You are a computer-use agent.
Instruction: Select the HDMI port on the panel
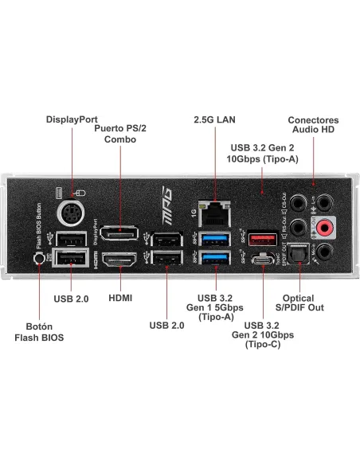click(x=120, y=259)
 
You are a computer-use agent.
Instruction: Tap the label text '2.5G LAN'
click(x=215, y=119)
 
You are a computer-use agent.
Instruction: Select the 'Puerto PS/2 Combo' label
click(x=121, y=133)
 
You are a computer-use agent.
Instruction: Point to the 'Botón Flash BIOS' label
click(x=35, y=331)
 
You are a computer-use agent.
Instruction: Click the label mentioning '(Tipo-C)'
click(x=262, y=335)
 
